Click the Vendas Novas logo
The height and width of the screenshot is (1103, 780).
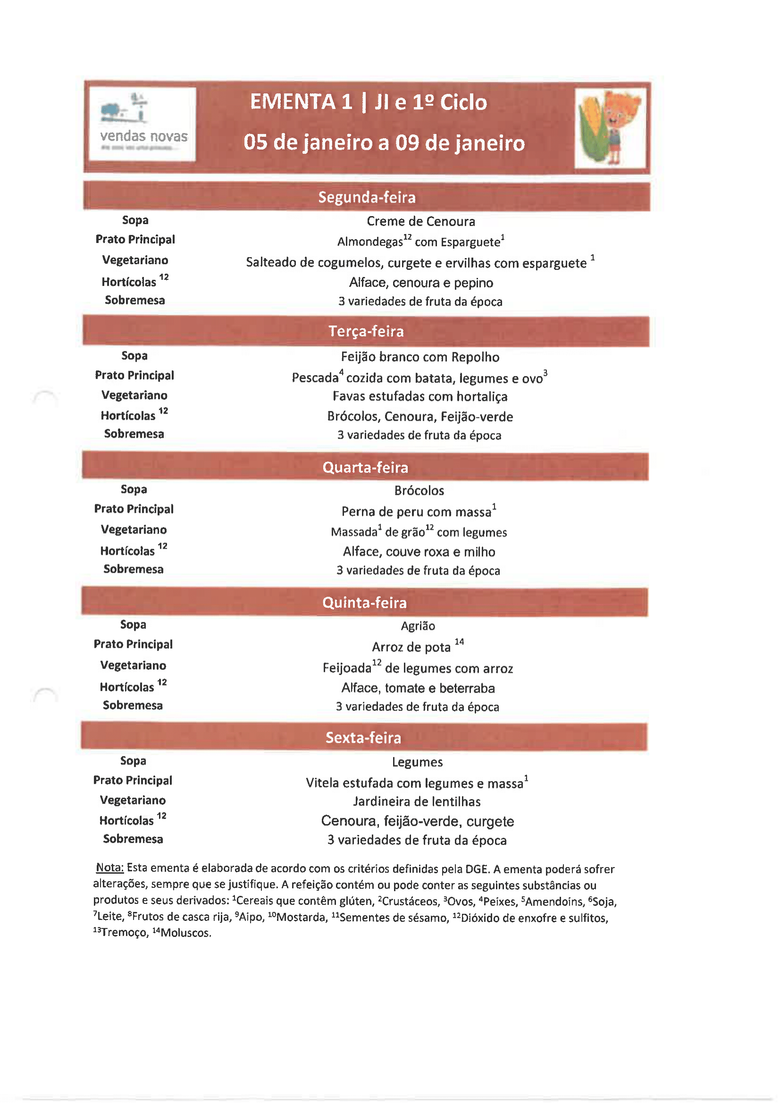tap(142, 124)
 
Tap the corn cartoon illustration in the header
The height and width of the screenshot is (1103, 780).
tap(610, 128)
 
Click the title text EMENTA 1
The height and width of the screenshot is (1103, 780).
tap(301, 102)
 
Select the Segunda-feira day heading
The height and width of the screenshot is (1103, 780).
tap(367, 197)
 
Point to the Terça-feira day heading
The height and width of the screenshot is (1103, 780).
tap(366, 331)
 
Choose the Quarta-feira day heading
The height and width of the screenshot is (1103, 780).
tap(365, 467)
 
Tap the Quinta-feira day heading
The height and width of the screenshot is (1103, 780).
tap(364, 602)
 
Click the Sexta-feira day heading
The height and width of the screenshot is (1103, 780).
tap(363, 737)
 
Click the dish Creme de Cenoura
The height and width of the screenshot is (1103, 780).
tap(420, 221)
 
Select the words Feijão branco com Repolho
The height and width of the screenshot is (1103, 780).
tap(420, 357)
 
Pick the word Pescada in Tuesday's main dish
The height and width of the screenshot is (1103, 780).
tap(315, 378)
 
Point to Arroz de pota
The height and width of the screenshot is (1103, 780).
tap(411, 647)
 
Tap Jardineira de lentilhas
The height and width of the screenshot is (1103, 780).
tap(417, 802)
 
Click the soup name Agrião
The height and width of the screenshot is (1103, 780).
tap(418, 626)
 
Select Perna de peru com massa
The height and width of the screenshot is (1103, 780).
tap(416, 511)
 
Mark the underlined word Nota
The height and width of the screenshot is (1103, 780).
tap(109, 868)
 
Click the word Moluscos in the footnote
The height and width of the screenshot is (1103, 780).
tap(185, 933)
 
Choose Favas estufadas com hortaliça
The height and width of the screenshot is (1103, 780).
tap(420, 396)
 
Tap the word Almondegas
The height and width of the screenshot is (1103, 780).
tap(369, 242)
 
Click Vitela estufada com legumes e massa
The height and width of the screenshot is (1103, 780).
tap(414, 783)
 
